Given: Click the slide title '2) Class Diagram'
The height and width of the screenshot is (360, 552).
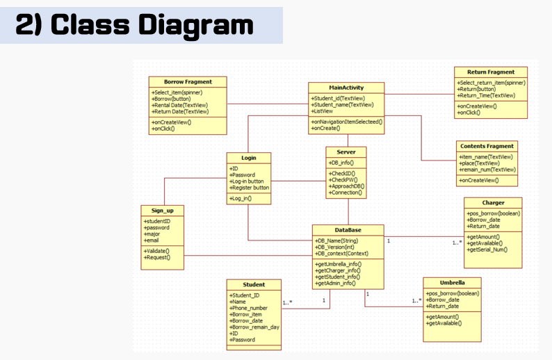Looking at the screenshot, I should [x=134, y=25].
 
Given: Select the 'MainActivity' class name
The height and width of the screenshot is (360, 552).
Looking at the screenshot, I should [x=346, y=88].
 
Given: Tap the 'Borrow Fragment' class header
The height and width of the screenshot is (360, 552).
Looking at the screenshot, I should [x=188, y=81].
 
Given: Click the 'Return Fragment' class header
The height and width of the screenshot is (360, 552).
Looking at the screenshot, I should [x=491, y=72].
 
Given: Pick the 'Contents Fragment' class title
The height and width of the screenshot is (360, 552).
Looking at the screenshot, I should [x=487, y=146].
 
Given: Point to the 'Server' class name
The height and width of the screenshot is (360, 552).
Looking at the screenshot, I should [x=346, y=152].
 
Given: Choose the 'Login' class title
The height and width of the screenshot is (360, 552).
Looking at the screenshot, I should [x=248, y=158].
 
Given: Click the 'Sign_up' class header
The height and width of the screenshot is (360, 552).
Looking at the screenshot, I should [x=162, y=209].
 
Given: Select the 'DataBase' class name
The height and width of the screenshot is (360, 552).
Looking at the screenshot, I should [x=347, y=229].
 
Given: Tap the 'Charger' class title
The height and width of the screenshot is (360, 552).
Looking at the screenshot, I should [x=493, y=202].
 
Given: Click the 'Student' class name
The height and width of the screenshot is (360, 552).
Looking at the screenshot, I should [x=254, y=284].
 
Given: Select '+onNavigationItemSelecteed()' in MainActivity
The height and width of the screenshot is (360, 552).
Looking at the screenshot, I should [x=347, y=122].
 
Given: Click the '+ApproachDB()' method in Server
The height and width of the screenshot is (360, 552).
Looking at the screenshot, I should [x=346, y=186].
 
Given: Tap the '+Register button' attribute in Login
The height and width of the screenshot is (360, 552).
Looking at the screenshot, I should [x=249, y=188].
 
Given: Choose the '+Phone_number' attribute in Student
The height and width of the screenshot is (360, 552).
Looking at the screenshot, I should [x=248, y=308].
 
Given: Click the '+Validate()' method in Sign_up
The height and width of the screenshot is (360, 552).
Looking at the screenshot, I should [x=156, y=250].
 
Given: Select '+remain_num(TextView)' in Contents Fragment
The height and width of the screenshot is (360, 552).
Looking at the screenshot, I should [x=487, y=170].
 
